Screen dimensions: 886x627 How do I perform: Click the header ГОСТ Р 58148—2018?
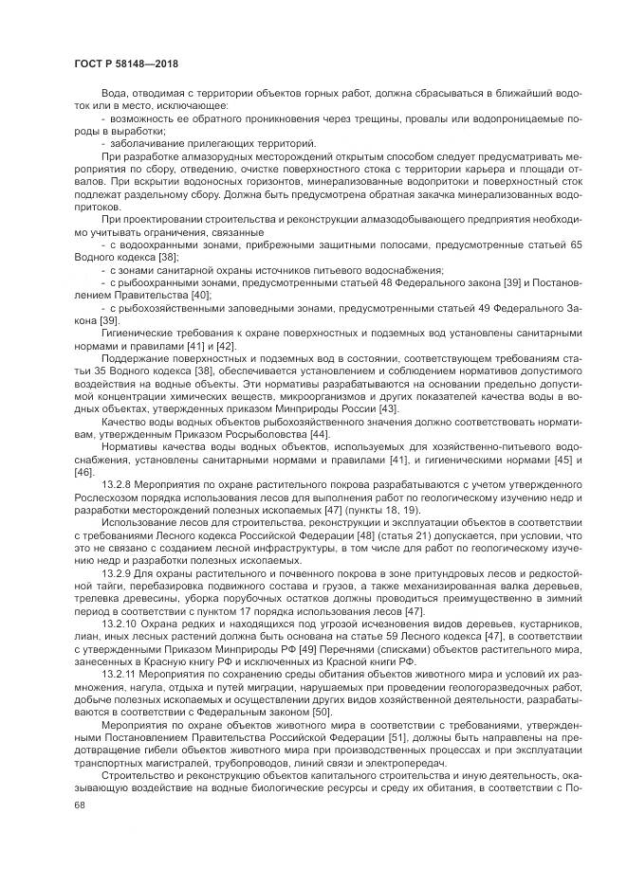(x=125, y=63)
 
